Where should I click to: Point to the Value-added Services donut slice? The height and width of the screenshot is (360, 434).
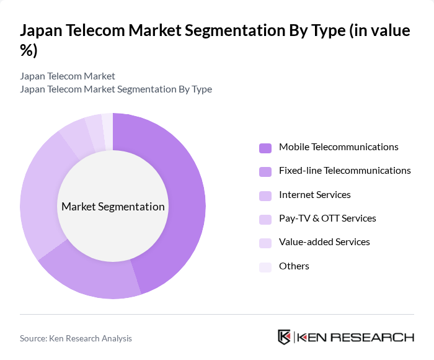pyautogui.click(x=94, y=127)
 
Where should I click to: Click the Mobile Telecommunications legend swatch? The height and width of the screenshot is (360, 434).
pyautogui.click(x=265, y=148)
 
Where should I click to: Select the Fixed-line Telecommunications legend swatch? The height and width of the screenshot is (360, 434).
pyautogui.click(x=265, y=171)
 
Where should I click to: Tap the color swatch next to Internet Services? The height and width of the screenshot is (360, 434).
pyautogui.click(x=265, y=196)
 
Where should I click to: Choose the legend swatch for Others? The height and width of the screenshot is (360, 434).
pyautogui.click(x=265, y=267)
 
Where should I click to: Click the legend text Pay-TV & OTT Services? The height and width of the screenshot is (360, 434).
pyautogui.click(x=327, y=218)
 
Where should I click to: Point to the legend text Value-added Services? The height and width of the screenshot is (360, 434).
pyautogui.click(x=324, y=242)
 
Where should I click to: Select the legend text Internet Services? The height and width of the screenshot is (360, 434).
pyautogui.click(x=315, y=195)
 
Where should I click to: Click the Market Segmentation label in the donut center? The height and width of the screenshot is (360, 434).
pyautogui.click(x=113, y=207)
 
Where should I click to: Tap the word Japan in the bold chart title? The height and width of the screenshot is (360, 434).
pyautogui.click(x=44, y=31)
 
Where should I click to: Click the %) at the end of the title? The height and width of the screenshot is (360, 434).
pyautogui.click(x=29, y=51)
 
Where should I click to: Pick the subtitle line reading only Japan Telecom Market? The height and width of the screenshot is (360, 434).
pyautogui.click(x=68, y=76)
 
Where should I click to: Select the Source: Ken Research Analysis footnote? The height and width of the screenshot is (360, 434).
pyautogui.click(x=76, y=338)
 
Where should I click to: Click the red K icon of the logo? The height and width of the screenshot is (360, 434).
pyautogui.click(x=285, y=337)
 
